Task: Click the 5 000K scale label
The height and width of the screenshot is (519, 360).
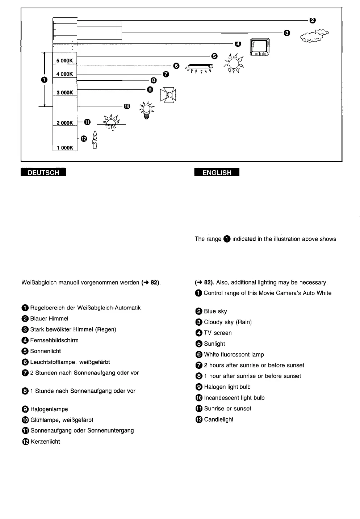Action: (65, 60)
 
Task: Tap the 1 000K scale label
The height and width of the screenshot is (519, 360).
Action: (65, 148)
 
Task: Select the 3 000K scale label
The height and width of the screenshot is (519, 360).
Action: (65, 93)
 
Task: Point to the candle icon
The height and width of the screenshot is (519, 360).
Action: (95, 140)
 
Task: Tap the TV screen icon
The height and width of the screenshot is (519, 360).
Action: (260, 48)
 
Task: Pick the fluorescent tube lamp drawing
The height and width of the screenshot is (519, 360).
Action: (199, 67)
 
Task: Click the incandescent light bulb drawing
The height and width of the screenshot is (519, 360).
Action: (146, 110)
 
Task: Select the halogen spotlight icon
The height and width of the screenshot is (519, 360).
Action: (168, 95)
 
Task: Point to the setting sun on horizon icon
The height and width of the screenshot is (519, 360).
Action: (111, 122)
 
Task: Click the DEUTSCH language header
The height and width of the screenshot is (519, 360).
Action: (43, 173)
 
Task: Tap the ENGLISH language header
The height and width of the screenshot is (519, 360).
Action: (217, 173)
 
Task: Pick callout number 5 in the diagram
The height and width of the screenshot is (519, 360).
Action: (214, 56)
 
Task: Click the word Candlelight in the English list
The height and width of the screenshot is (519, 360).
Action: (218, 419)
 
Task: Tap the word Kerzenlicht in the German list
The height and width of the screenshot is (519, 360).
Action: (45, 442)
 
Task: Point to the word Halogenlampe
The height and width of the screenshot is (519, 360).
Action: (49, 409)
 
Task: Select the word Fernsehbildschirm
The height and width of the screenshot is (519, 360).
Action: (54, 340)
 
